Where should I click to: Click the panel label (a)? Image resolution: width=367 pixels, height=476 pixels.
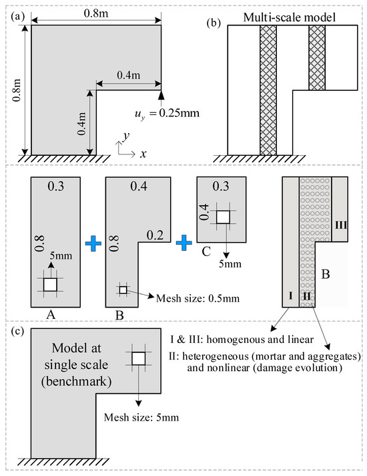tap(17, 16)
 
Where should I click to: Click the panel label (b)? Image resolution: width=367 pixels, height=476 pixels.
tap(214, 23)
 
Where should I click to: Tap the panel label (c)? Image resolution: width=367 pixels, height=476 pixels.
tap(17, 330)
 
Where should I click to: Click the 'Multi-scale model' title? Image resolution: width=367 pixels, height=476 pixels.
tap(290, 17)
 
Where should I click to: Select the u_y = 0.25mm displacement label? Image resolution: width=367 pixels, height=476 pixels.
tap(167, 114)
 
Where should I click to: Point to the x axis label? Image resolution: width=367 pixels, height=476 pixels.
tap(143, 154)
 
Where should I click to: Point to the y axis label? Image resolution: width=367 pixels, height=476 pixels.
tap(126, 136)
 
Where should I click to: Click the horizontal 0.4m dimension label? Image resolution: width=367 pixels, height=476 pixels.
tap(129, 75)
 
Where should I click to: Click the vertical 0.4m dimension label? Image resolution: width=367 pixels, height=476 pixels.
tap(82, 124)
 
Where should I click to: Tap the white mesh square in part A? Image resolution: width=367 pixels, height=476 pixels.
tap(50, 285)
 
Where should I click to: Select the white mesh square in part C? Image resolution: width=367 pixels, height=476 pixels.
tap(223, 217)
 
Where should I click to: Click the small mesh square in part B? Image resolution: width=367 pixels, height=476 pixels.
tap(123, 290)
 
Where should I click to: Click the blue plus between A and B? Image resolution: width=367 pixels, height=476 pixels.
tap(93, 243)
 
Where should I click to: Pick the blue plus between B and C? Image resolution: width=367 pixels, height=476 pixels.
tap(184, 243)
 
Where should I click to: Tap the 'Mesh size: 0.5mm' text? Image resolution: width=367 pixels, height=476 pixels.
tap(198, 298)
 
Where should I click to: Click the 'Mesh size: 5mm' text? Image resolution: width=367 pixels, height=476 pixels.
tap(141, 417)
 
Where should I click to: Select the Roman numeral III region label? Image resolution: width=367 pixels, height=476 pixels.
tap(341, 225)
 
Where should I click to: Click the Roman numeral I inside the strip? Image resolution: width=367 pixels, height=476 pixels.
tap(291, 295)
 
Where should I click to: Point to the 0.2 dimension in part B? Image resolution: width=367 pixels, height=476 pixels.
tap(155, 235)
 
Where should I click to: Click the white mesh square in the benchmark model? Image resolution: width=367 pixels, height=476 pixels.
tap(139, 358)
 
